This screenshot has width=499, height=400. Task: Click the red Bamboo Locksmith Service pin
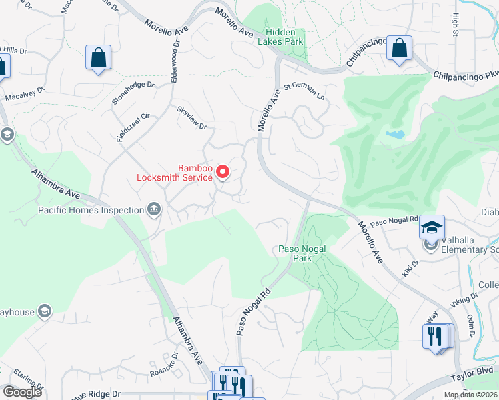[x=223, y=173]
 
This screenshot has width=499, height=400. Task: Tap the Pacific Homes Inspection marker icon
[x=154, y=211]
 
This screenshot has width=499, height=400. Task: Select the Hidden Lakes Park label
[x=285, y=37]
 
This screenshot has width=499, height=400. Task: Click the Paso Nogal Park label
[x=302, y=253]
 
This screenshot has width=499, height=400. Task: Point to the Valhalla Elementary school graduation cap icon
[x=432, y=227]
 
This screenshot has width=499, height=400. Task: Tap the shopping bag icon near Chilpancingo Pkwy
[x=399, y=49]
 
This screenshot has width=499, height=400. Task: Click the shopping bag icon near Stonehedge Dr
[x=99, y=57]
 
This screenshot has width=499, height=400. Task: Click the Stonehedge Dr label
[x=133, y=93]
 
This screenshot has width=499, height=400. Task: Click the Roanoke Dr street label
[x=162, y=363]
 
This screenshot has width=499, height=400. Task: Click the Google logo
[x=22, y=392]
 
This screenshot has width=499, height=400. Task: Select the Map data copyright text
[x=471, y=395]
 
